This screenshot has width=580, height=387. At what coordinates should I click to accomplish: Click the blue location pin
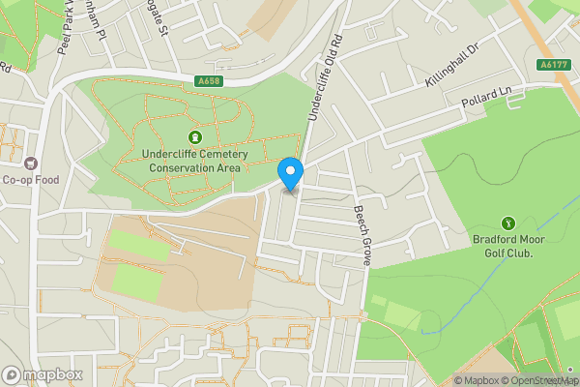click(x=291, y=172)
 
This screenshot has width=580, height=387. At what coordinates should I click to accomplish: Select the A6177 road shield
click(x=552, y=64)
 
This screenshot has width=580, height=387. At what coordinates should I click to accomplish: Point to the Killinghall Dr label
click(x=452, y=66)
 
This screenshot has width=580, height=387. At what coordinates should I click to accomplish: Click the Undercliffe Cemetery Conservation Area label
click(x=195, y=161)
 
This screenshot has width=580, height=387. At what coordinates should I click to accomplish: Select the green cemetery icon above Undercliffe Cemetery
click(x=195, y=137)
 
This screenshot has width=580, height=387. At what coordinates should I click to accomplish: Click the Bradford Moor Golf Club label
click(x=508, y=246)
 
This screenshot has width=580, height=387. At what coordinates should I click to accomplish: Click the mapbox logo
click(x=43, y=374)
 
